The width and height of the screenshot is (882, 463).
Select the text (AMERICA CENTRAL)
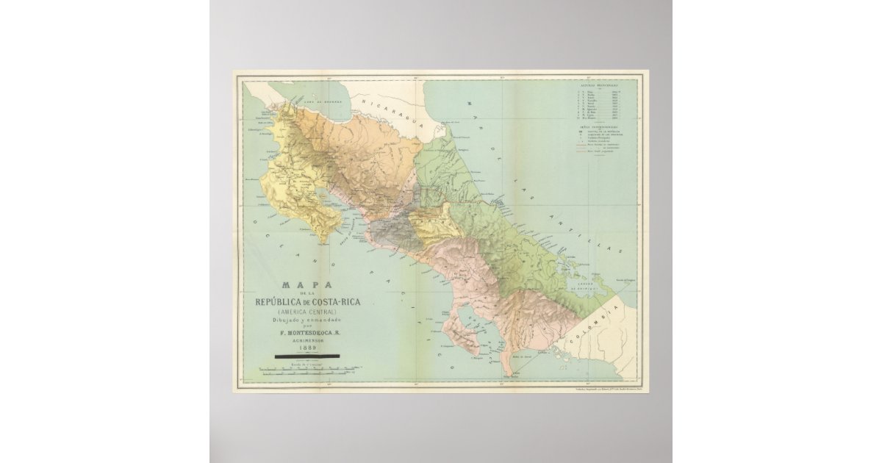click(x=306, y=312)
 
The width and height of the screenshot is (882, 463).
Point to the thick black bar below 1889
click(x=306, y=356)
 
